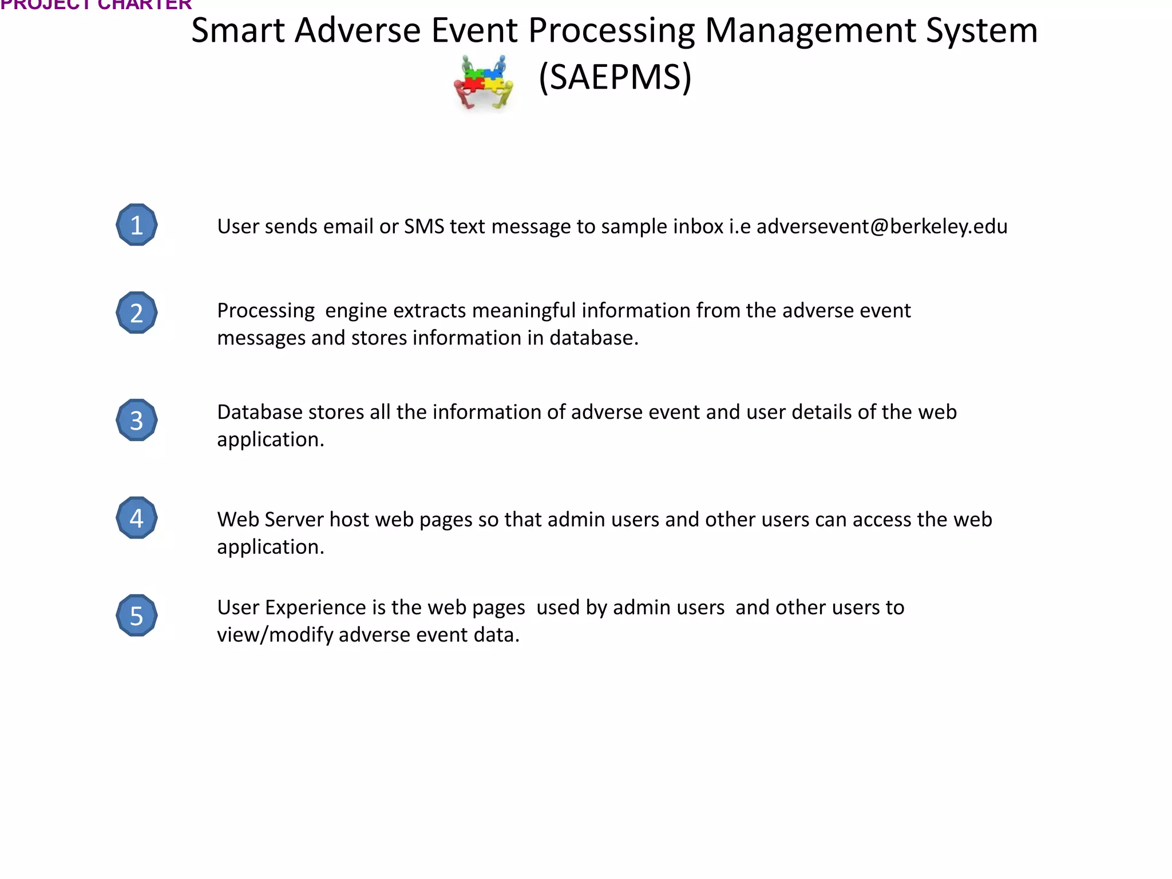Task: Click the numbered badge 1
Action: [137, 225]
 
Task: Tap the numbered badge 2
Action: [137, 313]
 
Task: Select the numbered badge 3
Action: [137, 421]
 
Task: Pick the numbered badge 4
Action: [137, 518]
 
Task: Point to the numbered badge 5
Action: [137, 616]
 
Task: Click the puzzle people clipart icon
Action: [484, 82]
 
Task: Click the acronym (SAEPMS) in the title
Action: [615, 77]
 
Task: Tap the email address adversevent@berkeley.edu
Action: [882, 227]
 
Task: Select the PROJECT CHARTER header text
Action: [96, 5]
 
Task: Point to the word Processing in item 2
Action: [266, 311]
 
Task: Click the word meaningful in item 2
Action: [524, 311]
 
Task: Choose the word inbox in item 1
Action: [698, 227]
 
